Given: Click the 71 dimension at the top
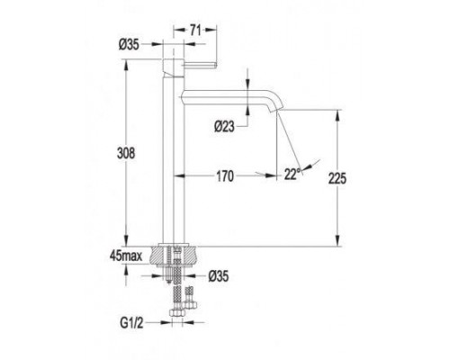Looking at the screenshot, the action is (195, 31).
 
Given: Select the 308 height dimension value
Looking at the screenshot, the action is (126, 153).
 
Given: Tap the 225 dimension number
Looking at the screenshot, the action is (337, 178).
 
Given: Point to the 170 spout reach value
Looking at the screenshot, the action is (225, 176).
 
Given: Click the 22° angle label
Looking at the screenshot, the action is (292, 174).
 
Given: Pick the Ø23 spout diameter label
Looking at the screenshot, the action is (224, 127).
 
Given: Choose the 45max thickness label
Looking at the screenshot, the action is (126, 256).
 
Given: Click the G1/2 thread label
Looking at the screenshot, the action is (131, 323).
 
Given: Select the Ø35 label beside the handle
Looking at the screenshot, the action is (129, 45).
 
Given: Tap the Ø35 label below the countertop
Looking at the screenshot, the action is (219, 276).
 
